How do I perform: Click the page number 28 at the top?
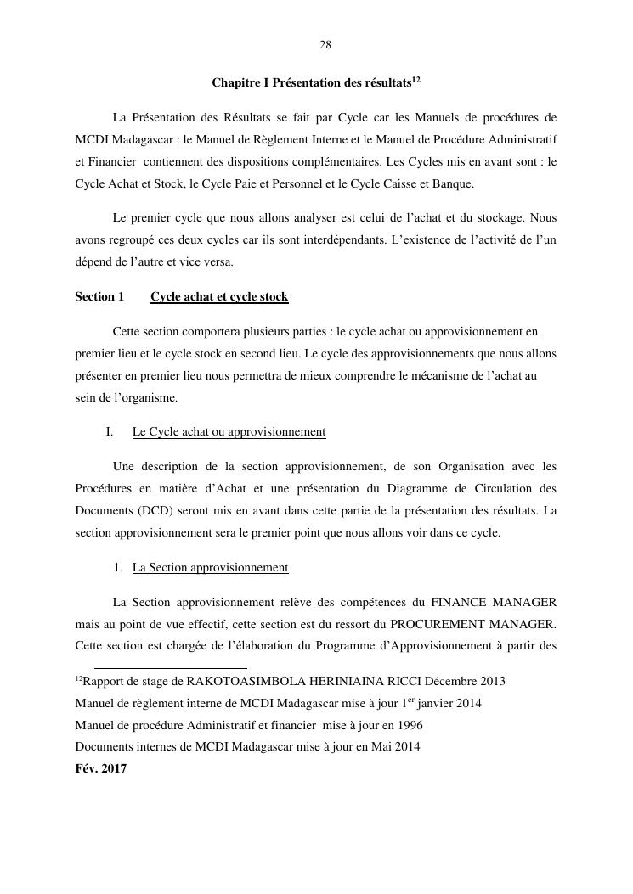click(x=325, y=45)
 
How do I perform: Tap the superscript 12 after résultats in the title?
click(x=416, y=80)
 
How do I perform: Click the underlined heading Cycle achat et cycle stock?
click(x=219, y=296)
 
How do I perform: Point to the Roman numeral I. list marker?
click(x=110, y=431)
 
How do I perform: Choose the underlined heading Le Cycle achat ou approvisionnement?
click(x=229, y=431)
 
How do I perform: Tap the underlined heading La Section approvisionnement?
click(x=210, y=567)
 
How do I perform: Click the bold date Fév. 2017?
click(x=101, y=769)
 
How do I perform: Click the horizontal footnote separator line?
click(x=170, y=668)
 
